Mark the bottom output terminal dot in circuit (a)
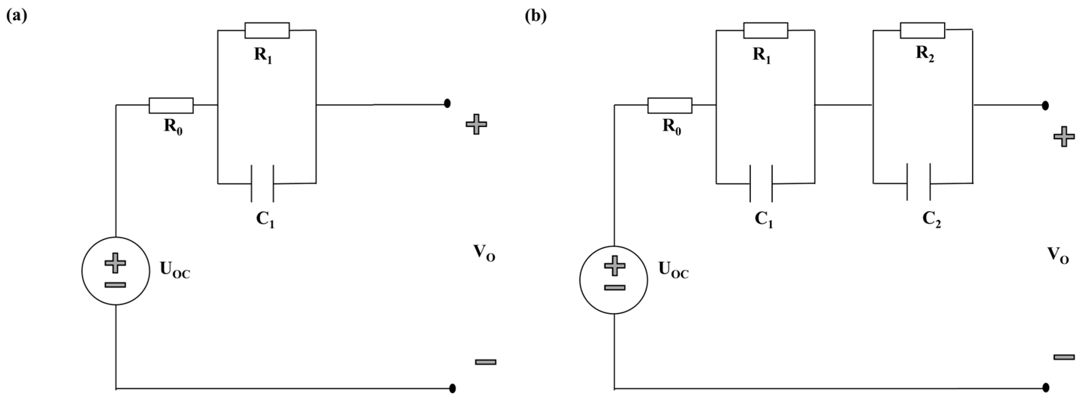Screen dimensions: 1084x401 [452, 388]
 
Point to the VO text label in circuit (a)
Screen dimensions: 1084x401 [484, 253]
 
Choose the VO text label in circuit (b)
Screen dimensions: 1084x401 [1058, 255]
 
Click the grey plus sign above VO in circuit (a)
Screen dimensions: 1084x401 [476, 124]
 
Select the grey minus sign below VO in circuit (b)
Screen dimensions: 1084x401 [1064, 357]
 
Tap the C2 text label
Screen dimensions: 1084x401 [932, 219]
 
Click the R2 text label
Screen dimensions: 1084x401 [925, 55]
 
